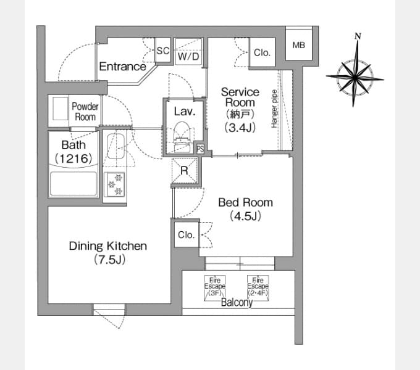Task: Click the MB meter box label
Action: pyautogui.click(x=299, y=45)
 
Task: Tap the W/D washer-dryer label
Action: pyautogui.click(x=188, y=56)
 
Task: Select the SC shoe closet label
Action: pyautogui.click(x=163, y=51)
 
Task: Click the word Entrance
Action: pyautogui.click(x=123, y=67)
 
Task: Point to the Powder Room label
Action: pyautogui.click(x=85, y=112)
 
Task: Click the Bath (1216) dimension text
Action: pyautogui.click(x=73, y=158)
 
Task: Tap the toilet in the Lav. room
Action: pyautogui.click(x=182, y=136)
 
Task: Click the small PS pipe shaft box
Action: pyautogui.click(x=200, y=149)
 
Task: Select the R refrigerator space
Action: pyautogui.click(x=185, y=171)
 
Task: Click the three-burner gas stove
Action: pyautogui.click(x=115, y=185)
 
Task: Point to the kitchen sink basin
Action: pyautogui.click(x=115, y=146)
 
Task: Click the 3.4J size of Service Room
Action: pyautogui.click(x=240, y=128)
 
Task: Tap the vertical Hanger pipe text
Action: pyautogui.click(x=274, y=109)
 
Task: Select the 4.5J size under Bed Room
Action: pyautogui.click(x=245, y=216)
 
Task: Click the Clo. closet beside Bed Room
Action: pyautogui.click(x=186, y=235)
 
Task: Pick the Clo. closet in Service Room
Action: pyautogui.click(x=262, y=52)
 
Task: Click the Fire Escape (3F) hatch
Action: pyautogui.click(x=215, y=288)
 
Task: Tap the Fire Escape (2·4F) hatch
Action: pyautogui.click(x=258, y=288)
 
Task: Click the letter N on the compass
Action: pyautogui.click(x=358, y=36)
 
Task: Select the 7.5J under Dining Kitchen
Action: pyautogui.click(x=109, y=260)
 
